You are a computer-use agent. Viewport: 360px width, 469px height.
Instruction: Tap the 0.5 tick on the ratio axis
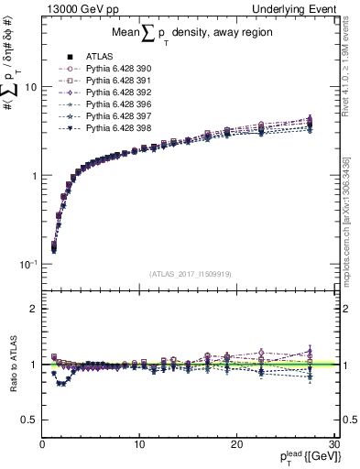click(31, 420)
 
